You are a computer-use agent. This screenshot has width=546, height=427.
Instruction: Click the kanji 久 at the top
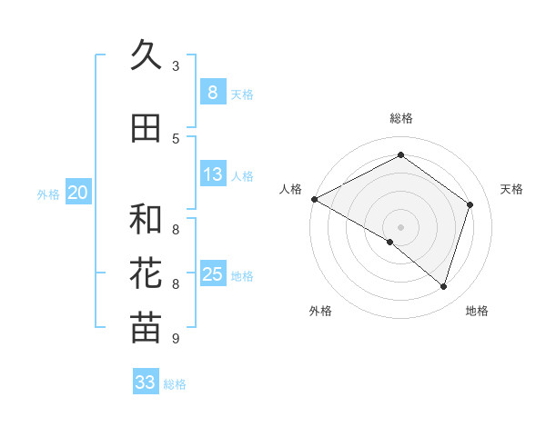[146, 56]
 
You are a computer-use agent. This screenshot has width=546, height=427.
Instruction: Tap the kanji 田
[146, 129]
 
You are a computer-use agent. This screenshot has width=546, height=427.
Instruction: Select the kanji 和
[146, 219]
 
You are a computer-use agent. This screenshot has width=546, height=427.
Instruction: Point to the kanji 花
[146, 273]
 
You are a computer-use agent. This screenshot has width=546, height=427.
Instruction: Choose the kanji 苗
[146, 328]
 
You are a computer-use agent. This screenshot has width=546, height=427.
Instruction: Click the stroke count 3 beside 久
[175, 66]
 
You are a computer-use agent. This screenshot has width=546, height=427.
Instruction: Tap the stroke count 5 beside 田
[175, 139]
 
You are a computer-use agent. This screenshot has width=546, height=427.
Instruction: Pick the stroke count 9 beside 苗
[175, 339]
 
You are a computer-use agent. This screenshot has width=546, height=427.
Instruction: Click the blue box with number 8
[212, 92]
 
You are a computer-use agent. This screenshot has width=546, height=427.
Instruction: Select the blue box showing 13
[212, 174]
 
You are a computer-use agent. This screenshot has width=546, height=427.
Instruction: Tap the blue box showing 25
[212, 274]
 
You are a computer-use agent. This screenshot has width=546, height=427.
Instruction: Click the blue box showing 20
[78, 193]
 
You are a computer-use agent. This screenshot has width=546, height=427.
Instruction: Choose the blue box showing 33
[146, 382]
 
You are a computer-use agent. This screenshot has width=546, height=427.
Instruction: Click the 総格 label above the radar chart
[400, 118]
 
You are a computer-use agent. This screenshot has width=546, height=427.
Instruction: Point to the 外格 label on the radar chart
[320, 311]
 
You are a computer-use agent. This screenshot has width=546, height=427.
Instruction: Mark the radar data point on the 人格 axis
[314, 198]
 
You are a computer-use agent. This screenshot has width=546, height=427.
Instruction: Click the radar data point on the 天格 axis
[470, 204]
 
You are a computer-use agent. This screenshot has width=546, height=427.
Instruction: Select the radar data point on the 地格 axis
[443, 286]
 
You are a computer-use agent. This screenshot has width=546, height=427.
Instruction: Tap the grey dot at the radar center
[400, 226]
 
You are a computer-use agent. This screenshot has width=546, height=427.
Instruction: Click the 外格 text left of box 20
[48, 194]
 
